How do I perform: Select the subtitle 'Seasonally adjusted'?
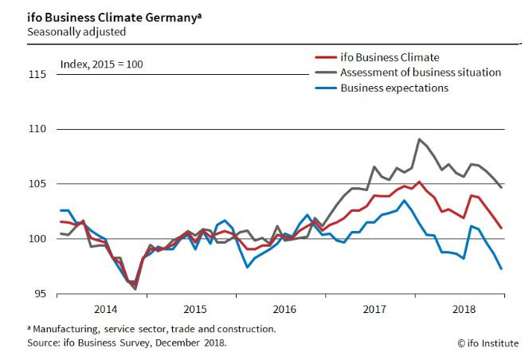click(x=76, y=33)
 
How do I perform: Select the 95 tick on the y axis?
click(x=41, y=294)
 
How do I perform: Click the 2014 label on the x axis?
click(x=106, y=308)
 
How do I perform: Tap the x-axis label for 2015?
click(x=195, y=308)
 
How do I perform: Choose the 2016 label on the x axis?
click(x=285, y=308)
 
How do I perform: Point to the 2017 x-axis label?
click(x=374, y=308)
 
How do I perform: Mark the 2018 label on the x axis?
click(x=464, y=308)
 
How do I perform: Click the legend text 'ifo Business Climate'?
click(x=390, y=57)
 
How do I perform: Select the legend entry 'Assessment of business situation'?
click(x=421, y=72)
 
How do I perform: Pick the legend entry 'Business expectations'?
click(x=394, y=88)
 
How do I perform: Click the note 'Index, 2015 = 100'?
click(x=101, y=64)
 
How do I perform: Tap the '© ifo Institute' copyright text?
click(x=488, y=343)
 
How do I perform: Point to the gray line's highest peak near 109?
click(x=419, y=139)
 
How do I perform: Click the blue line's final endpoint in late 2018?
click(x=501, y=268)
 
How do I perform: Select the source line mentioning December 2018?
click(x=127, y=343)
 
